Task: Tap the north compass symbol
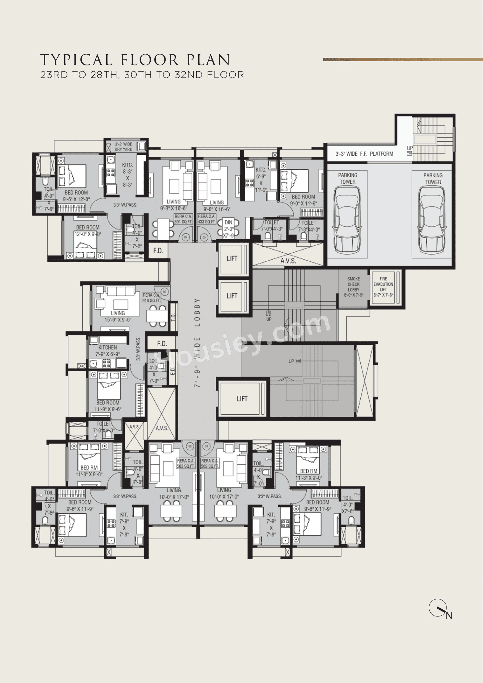tap(438, 608)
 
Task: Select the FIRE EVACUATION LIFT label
tap(383, 287)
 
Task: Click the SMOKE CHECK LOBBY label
tap(353, 287)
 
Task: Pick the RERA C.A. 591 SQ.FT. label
tap(183, 219)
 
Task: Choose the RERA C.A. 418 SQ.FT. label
tap(151, 298)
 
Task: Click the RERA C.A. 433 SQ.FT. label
tap(206, 219)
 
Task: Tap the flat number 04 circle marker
tap(186, 237)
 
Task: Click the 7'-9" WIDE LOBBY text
tap(197, 342)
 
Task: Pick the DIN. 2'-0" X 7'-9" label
tap(229, 229)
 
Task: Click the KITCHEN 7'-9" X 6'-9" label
tap(107, 350)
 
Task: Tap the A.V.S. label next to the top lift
tap(288, 261)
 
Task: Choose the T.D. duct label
tap(173, 317)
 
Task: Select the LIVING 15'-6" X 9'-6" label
tap(118, 316)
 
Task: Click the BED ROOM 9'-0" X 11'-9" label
tap(303, 200)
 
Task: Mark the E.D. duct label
tap(173, 371)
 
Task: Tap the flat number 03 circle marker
tap(164, 292)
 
